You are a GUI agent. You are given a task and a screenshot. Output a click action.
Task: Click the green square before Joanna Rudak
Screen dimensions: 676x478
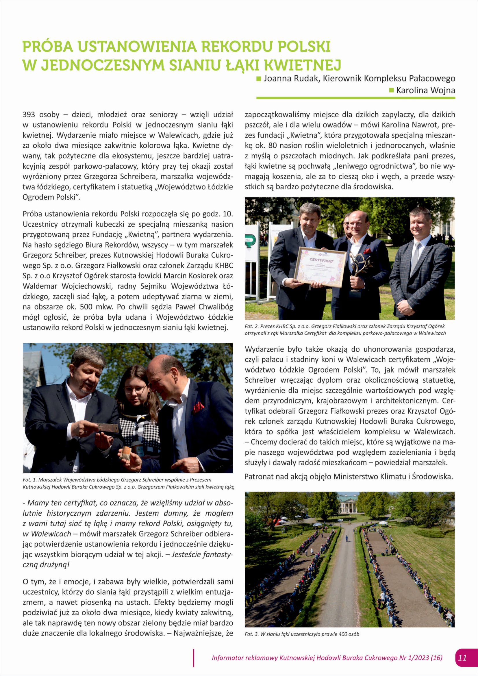[259, 79]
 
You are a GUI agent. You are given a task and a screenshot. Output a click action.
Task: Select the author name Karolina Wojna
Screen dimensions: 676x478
[425, 90]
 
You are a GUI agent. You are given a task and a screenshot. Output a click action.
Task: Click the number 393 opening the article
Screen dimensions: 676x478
[29, 114]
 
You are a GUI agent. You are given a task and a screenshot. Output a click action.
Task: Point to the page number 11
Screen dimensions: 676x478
[462, 666]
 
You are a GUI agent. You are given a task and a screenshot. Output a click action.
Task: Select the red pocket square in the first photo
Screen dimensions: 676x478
[198, 408]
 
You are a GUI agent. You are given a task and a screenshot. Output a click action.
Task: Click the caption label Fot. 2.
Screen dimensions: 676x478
[251, 326]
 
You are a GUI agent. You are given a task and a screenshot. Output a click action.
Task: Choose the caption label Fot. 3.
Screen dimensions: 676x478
[251, 634]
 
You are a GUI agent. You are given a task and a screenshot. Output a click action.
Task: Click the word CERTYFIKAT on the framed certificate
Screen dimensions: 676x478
[321, 261]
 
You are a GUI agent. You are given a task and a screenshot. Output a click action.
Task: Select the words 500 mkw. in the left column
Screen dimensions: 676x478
[96, 307]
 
